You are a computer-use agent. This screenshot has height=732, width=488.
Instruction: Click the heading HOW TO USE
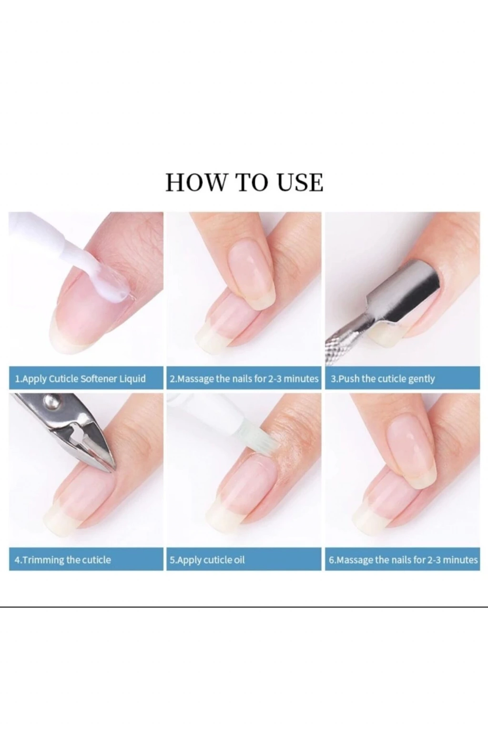pos(244,183)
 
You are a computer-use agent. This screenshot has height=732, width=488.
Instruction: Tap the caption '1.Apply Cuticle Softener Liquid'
pos(81,379)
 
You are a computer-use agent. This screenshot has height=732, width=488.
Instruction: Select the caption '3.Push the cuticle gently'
pos(383,379)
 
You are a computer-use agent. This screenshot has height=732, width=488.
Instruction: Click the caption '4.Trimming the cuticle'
pos(63,560)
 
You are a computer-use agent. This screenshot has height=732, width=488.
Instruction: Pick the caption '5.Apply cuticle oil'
pos(207,560)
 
